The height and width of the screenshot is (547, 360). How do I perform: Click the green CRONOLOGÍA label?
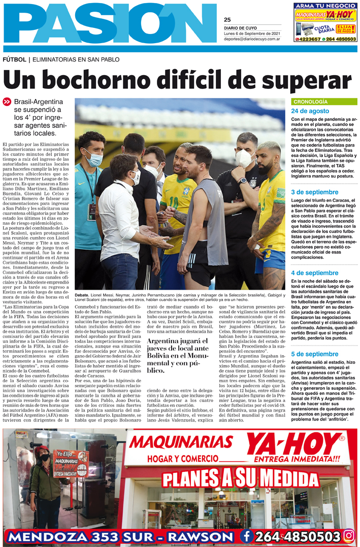click(x=311, y=101)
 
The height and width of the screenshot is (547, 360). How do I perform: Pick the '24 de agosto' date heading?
click(x=310, y=111)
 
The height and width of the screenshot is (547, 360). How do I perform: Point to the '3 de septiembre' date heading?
click(x=314, y=192)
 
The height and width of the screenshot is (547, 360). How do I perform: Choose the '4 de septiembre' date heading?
click(x=314, y=273)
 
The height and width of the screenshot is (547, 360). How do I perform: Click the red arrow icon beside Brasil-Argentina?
click(x=7, y=101)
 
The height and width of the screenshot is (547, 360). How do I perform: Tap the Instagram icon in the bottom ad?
click(x=348, y=535)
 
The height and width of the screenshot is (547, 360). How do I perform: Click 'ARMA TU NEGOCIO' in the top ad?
click(x=324, y=6)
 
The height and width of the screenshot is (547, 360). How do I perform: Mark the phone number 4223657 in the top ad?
click(x=308, y=39)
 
